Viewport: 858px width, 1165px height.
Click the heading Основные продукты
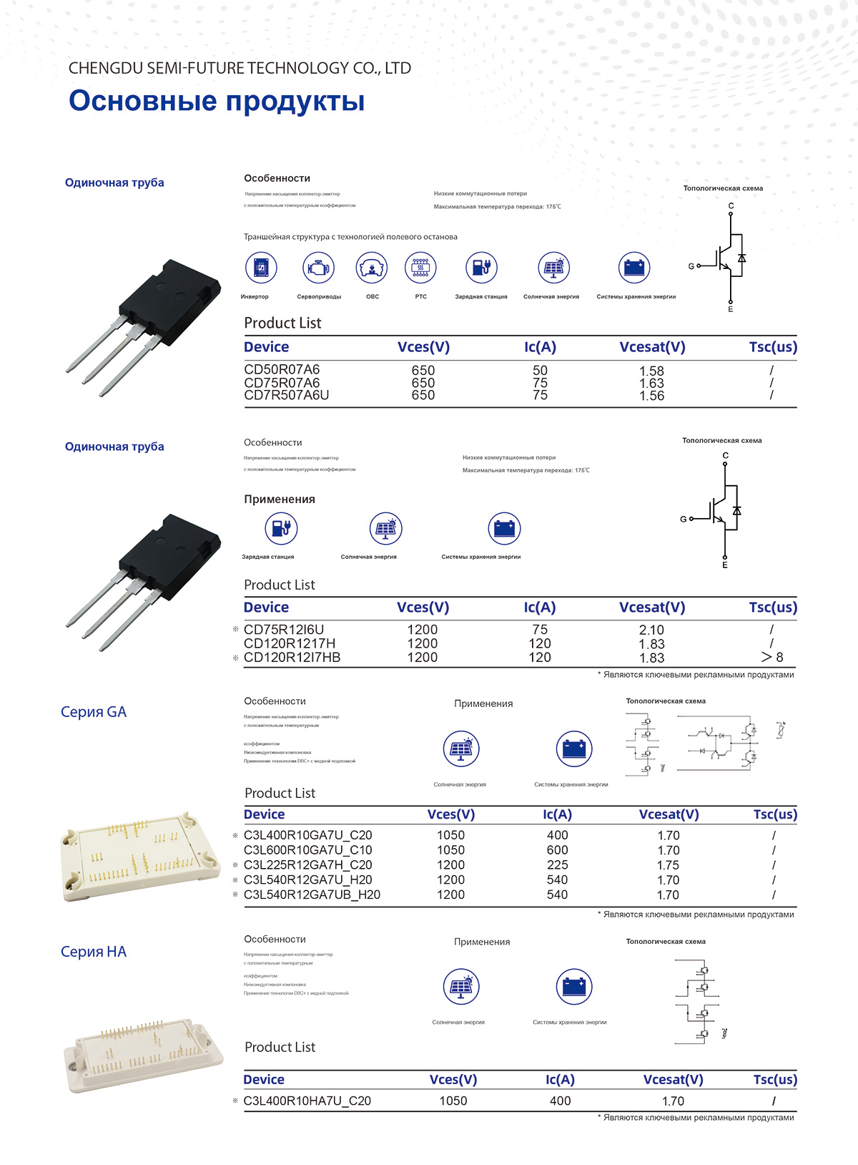tap(217, 101)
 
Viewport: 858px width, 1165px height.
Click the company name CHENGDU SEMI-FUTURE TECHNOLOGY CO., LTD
tap(240, 68)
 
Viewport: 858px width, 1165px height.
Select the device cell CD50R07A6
tap(282, 370)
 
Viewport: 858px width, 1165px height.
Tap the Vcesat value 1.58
tap(651, 371)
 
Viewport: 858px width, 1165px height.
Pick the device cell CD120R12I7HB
tap(292, 658)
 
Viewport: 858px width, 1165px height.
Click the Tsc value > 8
tap(772, 657)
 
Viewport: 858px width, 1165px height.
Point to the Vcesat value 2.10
tap(651, 630)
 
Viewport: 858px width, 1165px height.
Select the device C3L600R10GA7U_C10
tap(307, 850)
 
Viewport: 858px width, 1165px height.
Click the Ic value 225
tap(557, 865)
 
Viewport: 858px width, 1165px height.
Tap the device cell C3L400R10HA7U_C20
tap(307, 1101)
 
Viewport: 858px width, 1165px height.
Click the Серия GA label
tap(94, 712)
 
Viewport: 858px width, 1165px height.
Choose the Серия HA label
tap(94, 952)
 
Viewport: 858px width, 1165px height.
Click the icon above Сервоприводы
tap(318, 268)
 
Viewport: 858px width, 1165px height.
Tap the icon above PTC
tap(420, 268)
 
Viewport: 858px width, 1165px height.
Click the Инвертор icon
tap(261, 268)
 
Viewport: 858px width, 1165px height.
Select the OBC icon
tap(372, 268)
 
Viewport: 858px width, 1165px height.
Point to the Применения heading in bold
tap(280, 499)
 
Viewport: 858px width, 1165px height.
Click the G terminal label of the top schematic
tap(691, 266)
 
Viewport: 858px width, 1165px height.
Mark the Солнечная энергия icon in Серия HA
tap(460, 987)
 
